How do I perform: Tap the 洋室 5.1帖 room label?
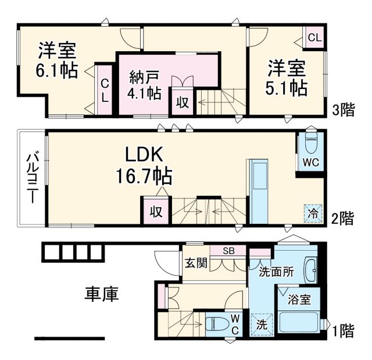[x=287, y=78]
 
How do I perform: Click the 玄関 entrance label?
[x=196, y=263]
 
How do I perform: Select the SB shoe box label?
[x=228, y=251]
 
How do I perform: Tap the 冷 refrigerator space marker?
[x=312, y=213]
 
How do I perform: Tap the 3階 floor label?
[x=343, y=111]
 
